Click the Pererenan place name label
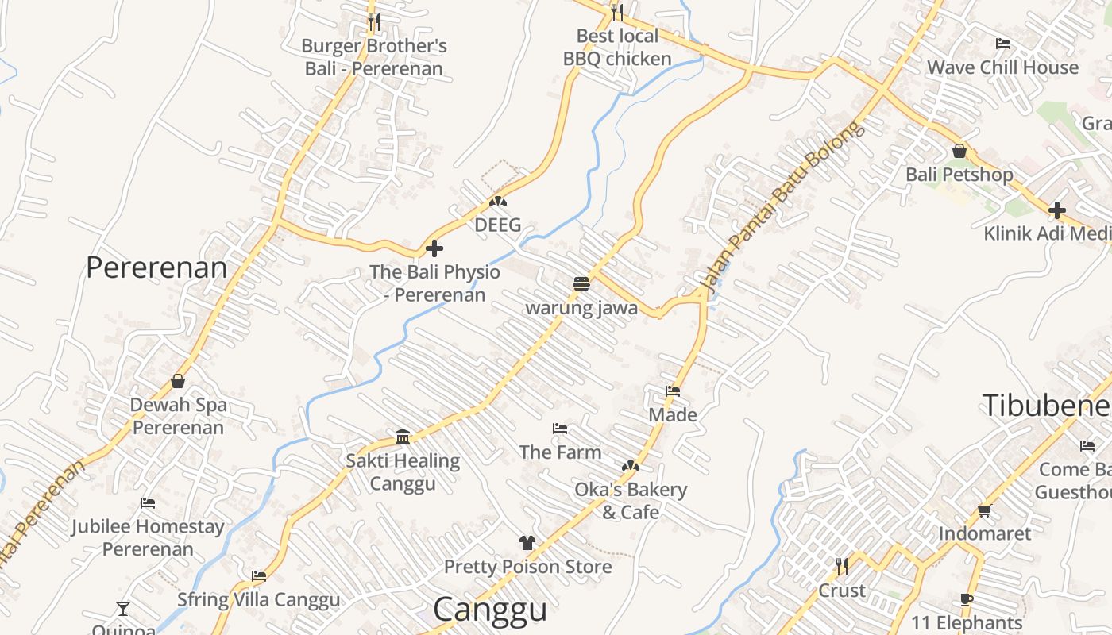156,268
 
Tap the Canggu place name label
490,610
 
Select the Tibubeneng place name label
1046,405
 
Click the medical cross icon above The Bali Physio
434,248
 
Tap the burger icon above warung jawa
581,284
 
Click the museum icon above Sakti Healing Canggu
403,437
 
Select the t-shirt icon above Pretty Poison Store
527,543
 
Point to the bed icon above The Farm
560,429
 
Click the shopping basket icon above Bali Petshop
959,151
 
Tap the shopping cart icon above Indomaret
985,510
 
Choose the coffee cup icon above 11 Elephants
967,599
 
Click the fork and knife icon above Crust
842,567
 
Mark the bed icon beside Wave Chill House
1003,44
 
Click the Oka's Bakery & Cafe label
631,501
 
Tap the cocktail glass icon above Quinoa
123,609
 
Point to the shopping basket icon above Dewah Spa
178,382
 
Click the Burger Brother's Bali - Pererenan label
373,57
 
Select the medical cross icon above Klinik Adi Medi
1056,210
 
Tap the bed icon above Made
673,391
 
